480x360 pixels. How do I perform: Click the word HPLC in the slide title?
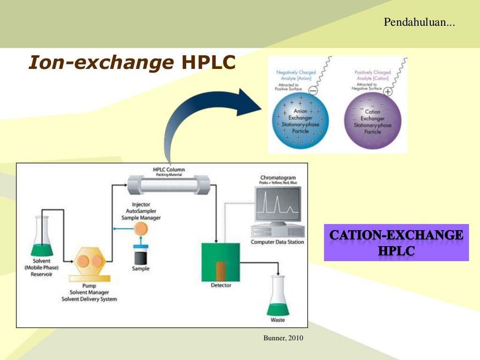[208, 62]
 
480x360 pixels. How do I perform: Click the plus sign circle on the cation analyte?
[388, 91]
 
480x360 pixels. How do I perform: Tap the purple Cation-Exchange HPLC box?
[396, 243]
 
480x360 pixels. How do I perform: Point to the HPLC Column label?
[169, 169]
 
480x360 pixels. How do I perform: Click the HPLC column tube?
[169, 185]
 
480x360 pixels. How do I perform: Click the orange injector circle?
[141, 229]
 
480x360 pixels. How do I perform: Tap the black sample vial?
[141, 257]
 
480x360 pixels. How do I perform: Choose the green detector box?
[220, 262]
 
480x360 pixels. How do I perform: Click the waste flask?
[277, 298]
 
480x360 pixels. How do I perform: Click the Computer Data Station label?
[277, 242]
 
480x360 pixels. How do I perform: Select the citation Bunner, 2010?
[281, 337]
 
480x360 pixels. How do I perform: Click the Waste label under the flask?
[277, 321]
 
